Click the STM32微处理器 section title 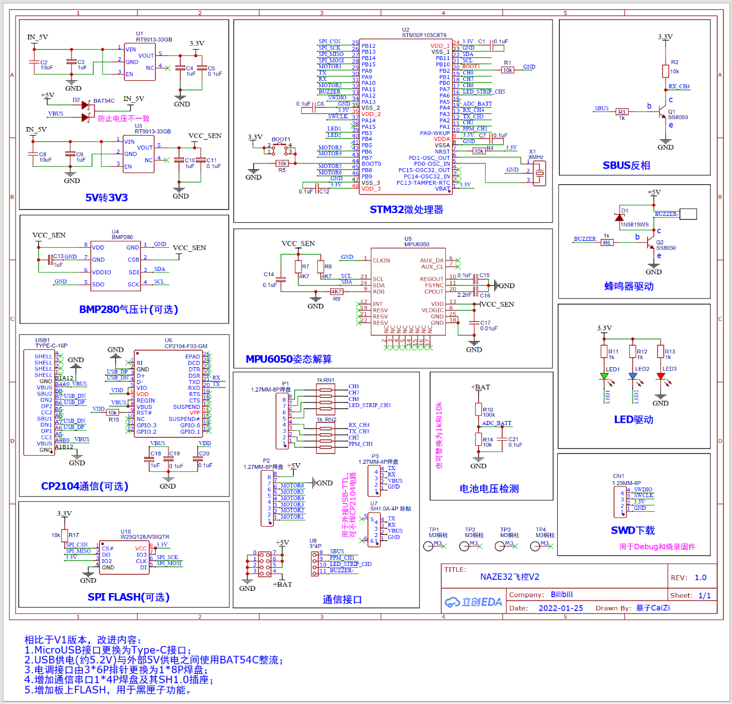tap(406, 210)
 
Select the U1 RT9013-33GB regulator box tap(140, 61)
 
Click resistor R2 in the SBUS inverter tap(665, 71)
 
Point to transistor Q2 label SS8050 tap(666, 248)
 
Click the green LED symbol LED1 tap(604, 377)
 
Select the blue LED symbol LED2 tap(633, 377)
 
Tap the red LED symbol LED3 tap(660, 377)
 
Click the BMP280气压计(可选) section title tap(129, 310)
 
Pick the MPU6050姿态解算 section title tap(288, 359)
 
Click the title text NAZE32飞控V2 tap(510, 577)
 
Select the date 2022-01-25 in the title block tap(561, 608)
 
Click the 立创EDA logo tap(473, 602)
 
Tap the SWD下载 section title tap(633, 530)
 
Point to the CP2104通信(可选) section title tap(85, 486)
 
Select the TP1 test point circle tap(428, 546)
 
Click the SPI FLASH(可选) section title tap(129, 597)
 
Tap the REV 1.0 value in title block tap(700, 578)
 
